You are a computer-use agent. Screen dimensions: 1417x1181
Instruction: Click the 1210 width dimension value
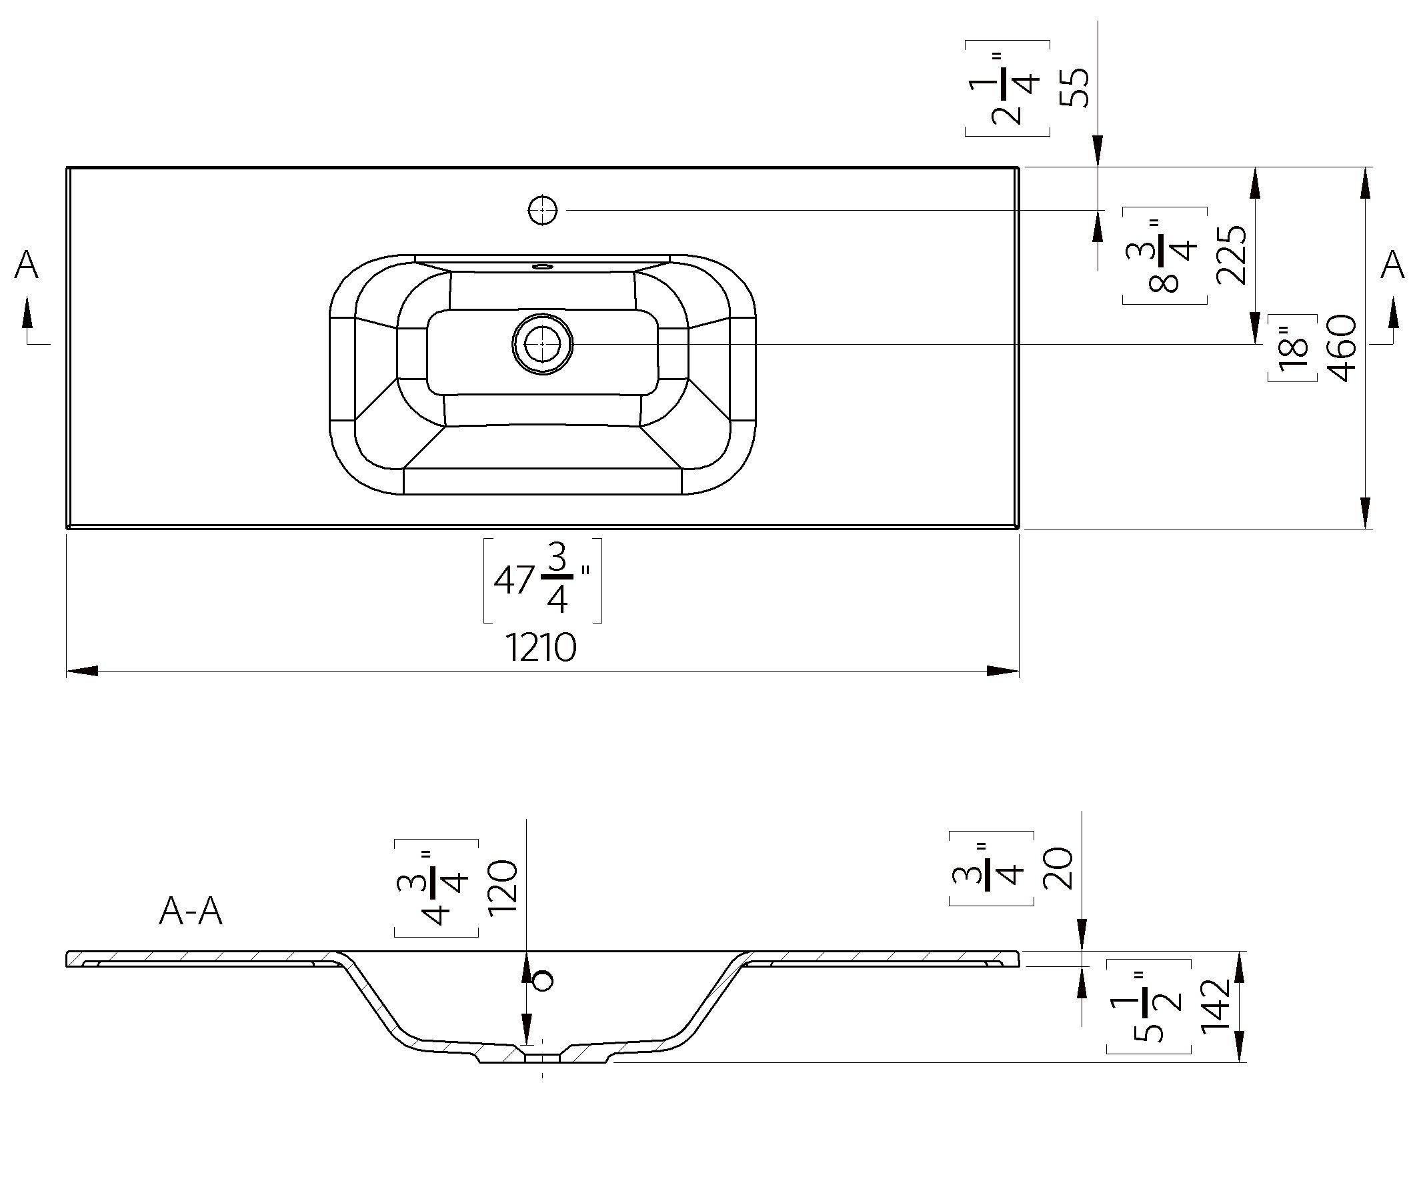click(541, 649)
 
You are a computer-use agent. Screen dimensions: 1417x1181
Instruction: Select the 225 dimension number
click(1232, 255)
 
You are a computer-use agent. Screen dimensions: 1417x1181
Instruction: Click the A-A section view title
click(190, 912)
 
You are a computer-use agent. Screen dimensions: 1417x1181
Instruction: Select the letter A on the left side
click(26, 265)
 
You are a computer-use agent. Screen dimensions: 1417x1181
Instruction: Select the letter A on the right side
click(1392, 265)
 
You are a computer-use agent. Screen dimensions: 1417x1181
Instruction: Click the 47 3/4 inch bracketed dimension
click(543, 579)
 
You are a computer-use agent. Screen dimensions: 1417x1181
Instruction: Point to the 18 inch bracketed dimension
click(1292, 348)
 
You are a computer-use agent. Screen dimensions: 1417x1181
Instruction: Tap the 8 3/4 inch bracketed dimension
click(1165, 256)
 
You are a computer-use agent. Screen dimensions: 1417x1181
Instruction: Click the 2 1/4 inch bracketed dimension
click(1008, 89)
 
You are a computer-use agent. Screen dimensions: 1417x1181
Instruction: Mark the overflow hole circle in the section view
click(543, 980)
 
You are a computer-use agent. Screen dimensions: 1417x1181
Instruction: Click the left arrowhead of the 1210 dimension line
click(81, 671)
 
